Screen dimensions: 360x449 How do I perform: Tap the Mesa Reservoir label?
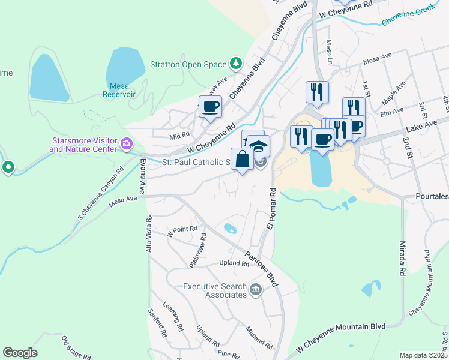[118, 89]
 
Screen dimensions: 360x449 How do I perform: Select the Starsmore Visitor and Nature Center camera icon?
[127, 143]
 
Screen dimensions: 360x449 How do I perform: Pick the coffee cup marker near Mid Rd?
[210, 107]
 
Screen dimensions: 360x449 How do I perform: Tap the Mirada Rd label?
[399, 255]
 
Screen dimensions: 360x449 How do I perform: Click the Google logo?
[20, 353]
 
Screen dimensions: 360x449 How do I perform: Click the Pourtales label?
[432, 196]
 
